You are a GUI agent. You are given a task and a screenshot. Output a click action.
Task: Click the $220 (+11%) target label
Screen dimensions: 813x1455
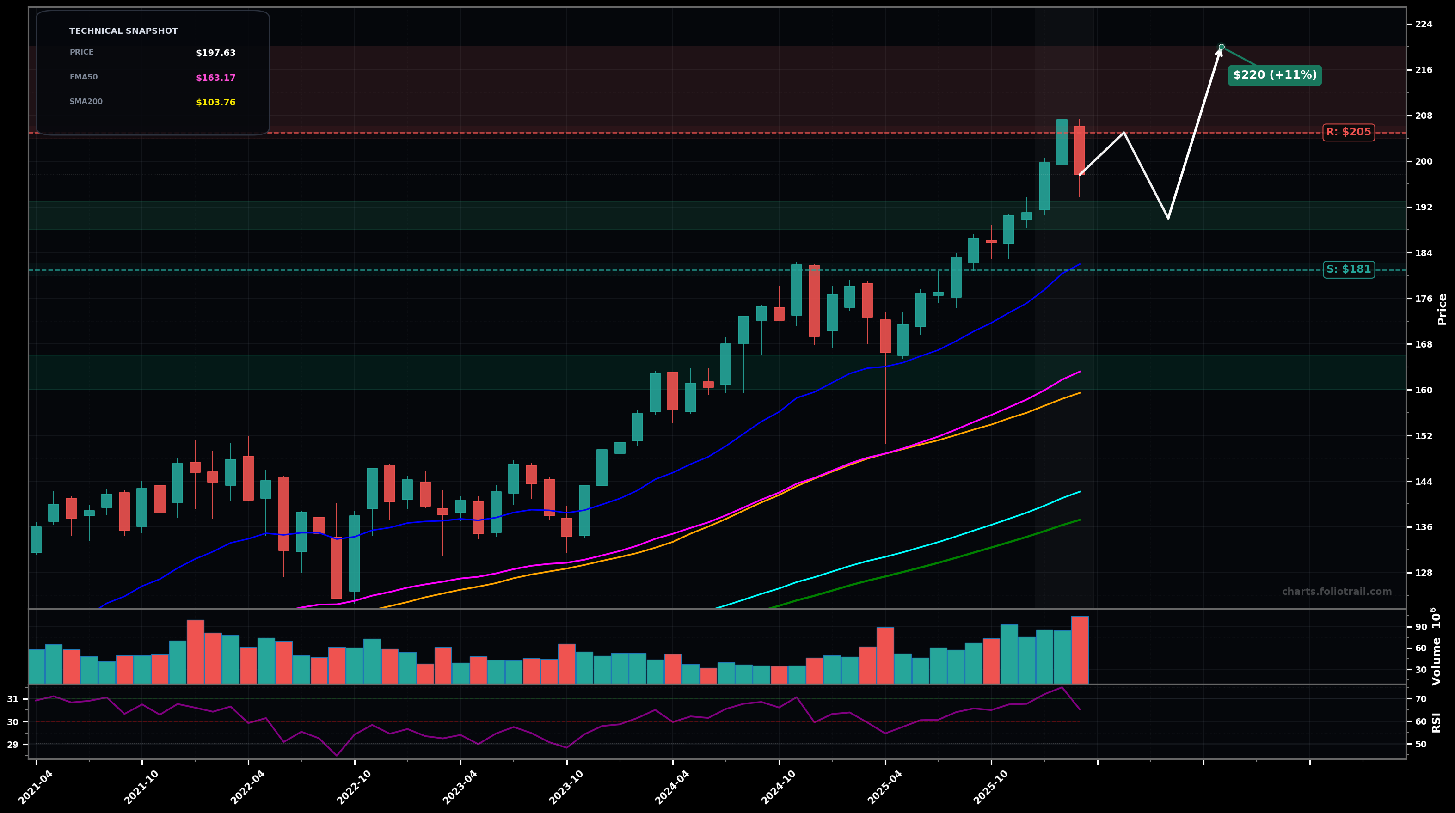tap(1274, 75)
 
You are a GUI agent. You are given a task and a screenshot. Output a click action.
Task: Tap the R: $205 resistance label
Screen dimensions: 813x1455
tap(1348, 133)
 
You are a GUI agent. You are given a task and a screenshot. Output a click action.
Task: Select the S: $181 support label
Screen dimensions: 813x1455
tap(1348, 270)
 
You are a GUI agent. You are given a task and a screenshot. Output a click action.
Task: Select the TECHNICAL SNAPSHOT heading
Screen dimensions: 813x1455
tap(123, 31)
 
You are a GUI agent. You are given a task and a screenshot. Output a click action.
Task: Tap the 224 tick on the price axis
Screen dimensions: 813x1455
tap(1424, 24)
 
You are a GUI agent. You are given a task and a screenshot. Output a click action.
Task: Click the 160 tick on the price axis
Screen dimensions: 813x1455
tap(1424, 390)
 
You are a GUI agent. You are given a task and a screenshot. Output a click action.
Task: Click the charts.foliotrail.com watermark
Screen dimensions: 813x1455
tap(1336, 592)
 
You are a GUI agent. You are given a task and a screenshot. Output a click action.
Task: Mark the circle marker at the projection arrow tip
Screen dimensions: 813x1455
tap(1222, 47)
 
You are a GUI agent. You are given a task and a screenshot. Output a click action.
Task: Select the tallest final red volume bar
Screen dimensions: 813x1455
tap(1080, 649)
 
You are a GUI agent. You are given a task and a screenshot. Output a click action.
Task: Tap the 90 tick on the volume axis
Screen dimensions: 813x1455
tap(1420, 627)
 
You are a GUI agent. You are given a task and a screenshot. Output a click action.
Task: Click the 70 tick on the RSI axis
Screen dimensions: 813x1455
tap(1420, 699)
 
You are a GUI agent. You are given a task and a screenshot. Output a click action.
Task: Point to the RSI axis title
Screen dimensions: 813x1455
tap(1437, 722)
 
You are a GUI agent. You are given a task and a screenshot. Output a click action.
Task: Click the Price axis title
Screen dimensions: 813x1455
tap(1442, 309)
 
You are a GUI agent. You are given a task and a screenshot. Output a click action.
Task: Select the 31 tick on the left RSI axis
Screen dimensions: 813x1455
tap(12, 699)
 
